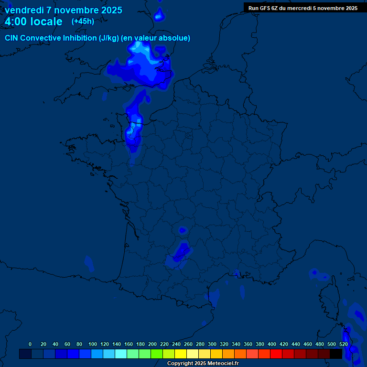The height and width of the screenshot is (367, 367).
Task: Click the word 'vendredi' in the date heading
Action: coord(24,10)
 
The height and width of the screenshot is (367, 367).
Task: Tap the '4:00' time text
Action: coord(15,22)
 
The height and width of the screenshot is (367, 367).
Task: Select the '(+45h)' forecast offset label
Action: coord(83,22)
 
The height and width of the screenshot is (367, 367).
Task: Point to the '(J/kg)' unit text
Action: coord(109,38)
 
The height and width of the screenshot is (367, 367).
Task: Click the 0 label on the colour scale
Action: coord(30,344)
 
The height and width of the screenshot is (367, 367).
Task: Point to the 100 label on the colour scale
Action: coord(92,344)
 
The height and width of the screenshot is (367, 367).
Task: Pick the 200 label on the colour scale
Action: coord(152,344)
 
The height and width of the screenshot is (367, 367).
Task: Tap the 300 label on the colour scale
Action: coord(212,344)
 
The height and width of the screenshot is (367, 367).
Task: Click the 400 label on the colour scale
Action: coord(272,344)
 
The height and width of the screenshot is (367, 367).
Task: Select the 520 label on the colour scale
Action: coord(343,344)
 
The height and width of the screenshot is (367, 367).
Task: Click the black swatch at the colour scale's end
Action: coord(336,354)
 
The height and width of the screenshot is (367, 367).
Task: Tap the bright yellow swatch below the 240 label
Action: coord(180,354)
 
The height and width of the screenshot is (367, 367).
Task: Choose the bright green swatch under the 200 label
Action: coord(156,354)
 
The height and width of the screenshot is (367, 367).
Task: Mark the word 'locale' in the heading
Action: coord(46,22)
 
